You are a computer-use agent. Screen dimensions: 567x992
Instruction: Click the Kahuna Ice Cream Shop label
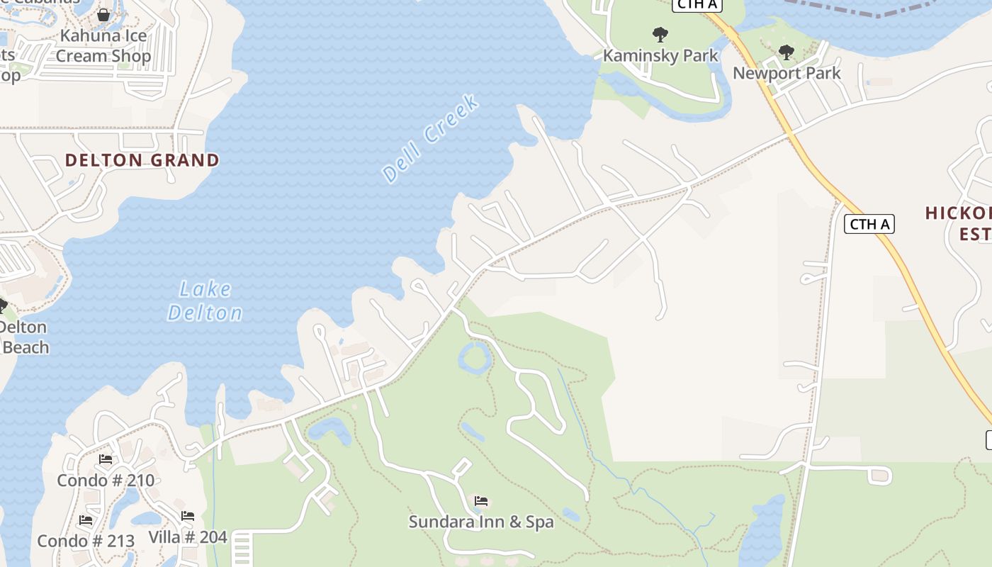103,46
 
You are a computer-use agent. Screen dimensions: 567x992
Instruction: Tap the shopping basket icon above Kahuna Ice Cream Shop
103,15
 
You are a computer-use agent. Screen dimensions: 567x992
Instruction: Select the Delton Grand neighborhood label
142,160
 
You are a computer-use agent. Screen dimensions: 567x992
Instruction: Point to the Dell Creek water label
430,138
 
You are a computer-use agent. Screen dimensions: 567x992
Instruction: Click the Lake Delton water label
205,301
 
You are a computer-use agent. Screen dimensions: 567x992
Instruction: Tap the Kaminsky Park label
660,55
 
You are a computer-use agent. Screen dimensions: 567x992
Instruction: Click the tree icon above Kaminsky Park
660,34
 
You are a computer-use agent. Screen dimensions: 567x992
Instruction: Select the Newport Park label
787,73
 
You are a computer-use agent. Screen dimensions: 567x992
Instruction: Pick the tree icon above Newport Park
786,52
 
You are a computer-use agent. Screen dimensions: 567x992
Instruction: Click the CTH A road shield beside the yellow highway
869,225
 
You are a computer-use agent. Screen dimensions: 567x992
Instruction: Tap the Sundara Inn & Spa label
481,522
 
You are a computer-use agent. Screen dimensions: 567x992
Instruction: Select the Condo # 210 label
106,481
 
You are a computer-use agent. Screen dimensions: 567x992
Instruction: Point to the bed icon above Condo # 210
106,459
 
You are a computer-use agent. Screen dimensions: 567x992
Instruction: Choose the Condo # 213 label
86,541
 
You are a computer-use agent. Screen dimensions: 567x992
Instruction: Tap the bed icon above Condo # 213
86,520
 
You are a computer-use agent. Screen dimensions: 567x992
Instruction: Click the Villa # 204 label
188,537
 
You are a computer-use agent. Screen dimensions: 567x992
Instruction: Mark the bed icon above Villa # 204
188,516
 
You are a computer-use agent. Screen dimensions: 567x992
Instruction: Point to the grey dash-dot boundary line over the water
879,13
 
